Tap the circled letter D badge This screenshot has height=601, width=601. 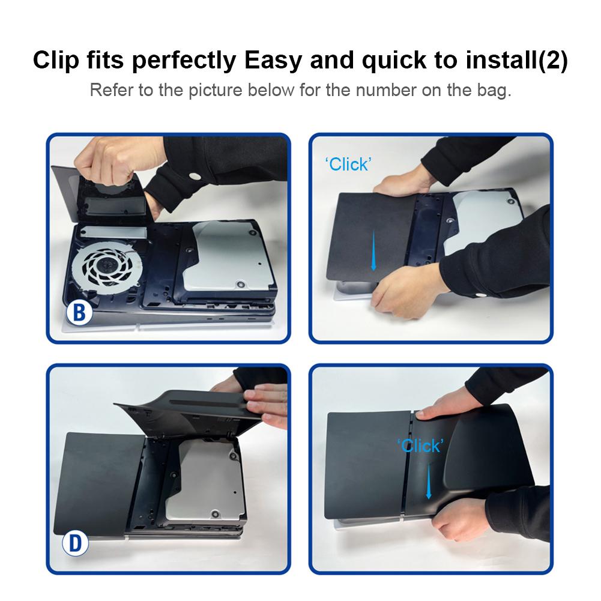pos(75,543)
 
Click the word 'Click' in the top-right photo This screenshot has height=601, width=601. pos(348,165)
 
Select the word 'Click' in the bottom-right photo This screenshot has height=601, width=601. pos(420,445)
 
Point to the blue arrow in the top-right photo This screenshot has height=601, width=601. pos(373,250)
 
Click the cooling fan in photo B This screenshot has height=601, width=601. pos(106,265)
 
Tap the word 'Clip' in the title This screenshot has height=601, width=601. pos(56,61)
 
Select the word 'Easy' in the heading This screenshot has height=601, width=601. pos(273,61)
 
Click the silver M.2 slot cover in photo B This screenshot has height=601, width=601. pos(114,232)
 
